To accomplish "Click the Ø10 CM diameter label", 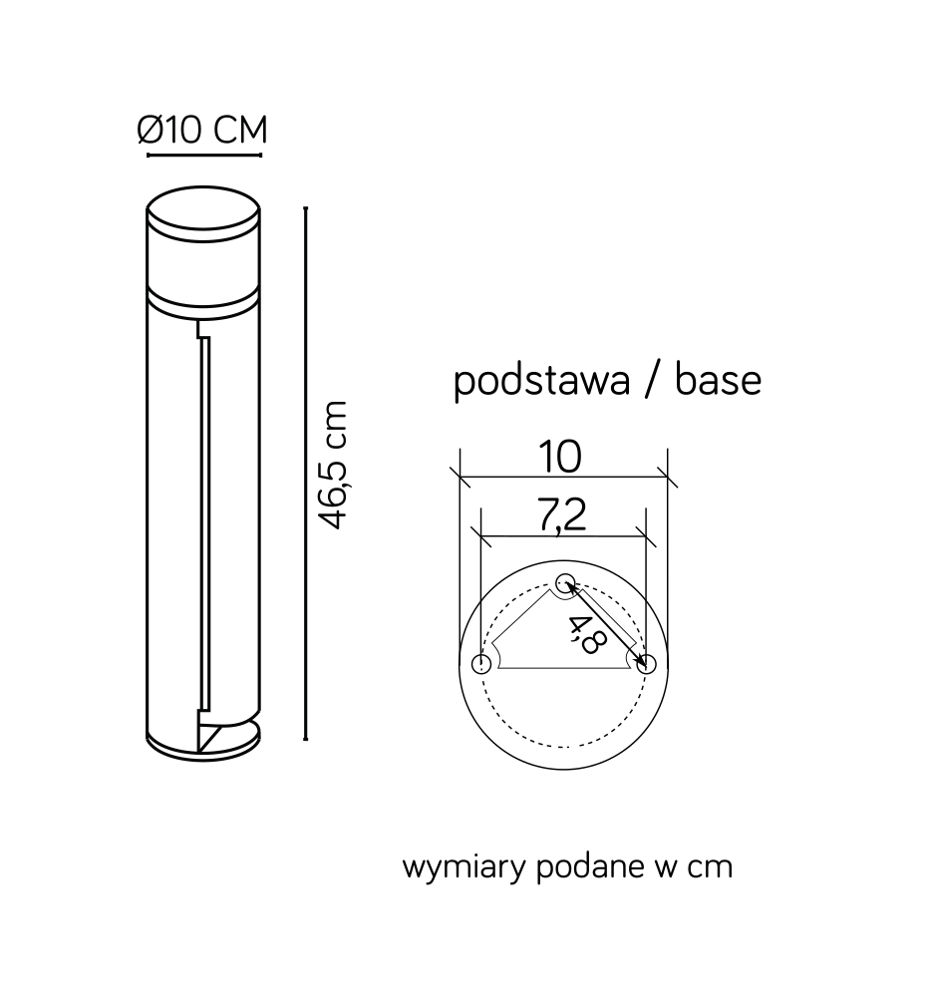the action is click(201, 130).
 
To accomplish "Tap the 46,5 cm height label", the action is click(334, 465).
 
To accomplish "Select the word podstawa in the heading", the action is click(542, 381).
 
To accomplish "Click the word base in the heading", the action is click(718, 380).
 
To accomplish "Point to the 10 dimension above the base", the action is click(560, 457).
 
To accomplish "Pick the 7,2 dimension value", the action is click(562, 514).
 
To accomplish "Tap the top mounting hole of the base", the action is click(565, 582).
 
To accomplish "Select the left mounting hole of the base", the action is click(481, 664).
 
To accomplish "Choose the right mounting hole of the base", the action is click(647, 664).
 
